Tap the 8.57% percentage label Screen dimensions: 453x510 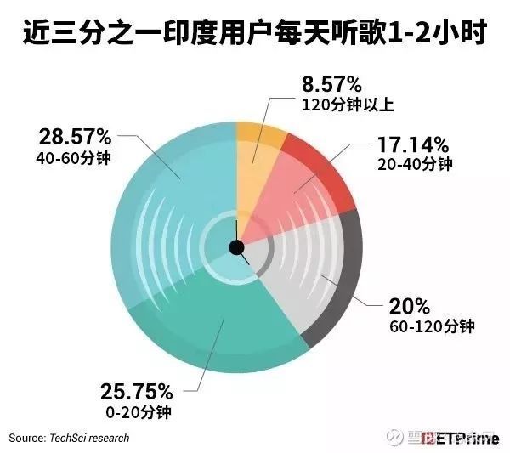(x=331, y=85)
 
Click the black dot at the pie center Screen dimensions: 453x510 (x=237, y=247)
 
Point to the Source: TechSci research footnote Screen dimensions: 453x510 (x=70, y=438)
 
